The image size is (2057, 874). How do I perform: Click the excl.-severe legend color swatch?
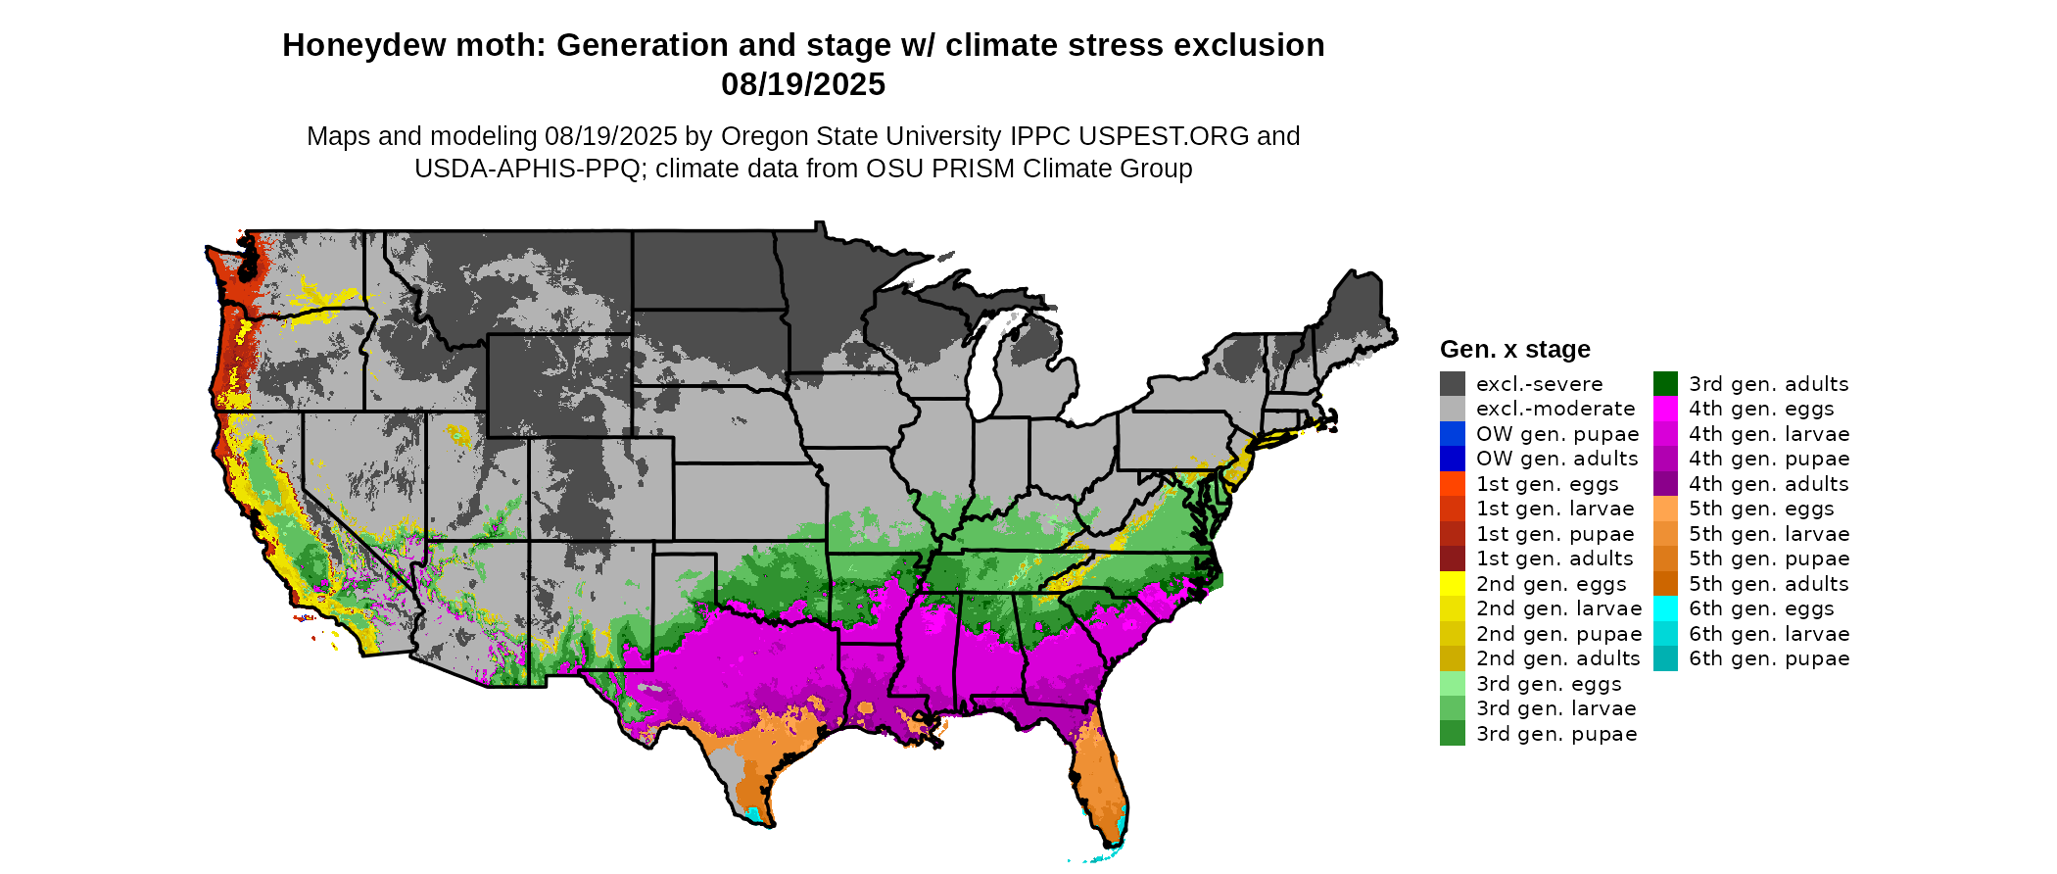point(1453,384)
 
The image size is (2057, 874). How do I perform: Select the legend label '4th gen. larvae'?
point(1769,434)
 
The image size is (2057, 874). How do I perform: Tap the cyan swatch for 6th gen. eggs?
point(1665,608)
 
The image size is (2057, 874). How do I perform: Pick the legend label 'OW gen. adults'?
point(1556,459)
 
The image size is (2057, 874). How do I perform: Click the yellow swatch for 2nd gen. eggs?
point(1453,584)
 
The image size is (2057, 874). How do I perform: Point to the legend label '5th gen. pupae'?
point(1769,558)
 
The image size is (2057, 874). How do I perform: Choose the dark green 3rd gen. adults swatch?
point(1665,384)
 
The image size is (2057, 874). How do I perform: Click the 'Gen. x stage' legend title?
point(1514,350)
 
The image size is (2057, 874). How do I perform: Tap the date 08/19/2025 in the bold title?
point(803,85)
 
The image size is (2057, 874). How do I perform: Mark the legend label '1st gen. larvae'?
point(1555,509)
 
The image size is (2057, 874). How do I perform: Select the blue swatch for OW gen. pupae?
point(1453,434)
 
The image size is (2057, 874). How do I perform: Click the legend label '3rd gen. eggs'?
point(1549,684)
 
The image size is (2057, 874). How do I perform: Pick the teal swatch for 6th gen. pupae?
point(1665,658)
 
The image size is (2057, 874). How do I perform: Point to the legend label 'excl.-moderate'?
point(1555,409)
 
